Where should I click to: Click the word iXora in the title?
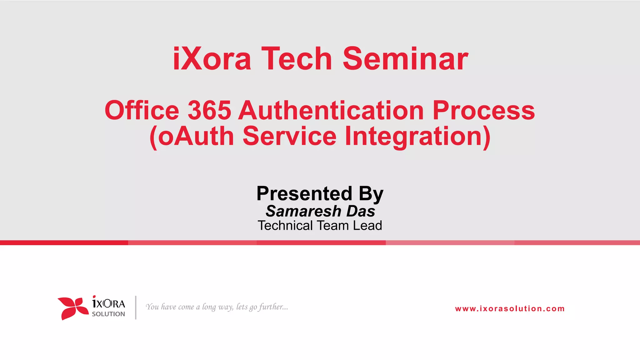point(212,59)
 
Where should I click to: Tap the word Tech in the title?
point(297,59)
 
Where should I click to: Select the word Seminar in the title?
point(405,59)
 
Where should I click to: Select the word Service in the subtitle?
point(289,136)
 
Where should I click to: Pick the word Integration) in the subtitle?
point(417,137)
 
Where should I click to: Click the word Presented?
point(304,193)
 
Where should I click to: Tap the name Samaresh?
point(303,211)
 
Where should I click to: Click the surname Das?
point(360,211)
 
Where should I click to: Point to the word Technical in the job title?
point(285,226)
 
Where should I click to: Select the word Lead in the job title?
point(367,226)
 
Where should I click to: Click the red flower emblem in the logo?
point(73,308)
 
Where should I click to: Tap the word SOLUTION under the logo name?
point(108,314)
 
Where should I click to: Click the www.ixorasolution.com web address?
point(510,309)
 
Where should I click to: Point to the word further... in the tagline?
point(273,307)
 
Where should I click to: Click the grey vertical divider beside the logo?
point(136,307)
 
